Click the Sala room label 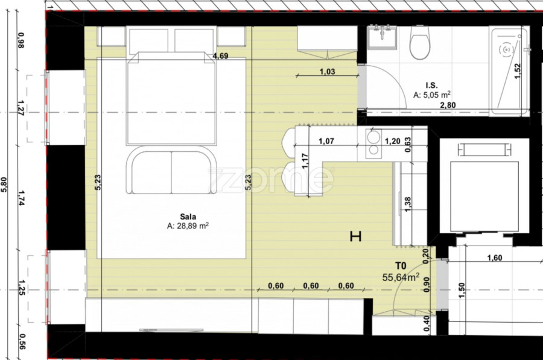coord(188,216)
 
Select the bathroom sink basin coord(382,37)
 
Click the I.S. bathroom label coord(431,85)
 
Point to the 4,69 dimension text coord(220,55)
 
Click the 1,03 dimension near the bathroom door coord(327,72)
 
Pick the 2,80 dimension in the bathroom coord(448,105)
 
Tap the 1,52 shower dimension coord(518,71)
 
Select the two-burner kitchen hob coord(373,144)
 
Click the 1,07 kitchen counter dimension coord(326,141)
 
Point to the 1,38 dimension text coord(408,205)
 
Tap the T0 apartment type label coord(401,266)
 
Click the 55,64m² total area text coord(401,277)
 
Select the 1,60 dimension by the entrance coord(495,258)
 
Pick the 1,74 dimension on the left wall coord(21,198)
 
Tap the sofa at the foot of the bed coord(171,169)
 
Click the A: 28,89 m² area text coord(188,226)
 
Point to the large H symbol coord(355,237)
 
